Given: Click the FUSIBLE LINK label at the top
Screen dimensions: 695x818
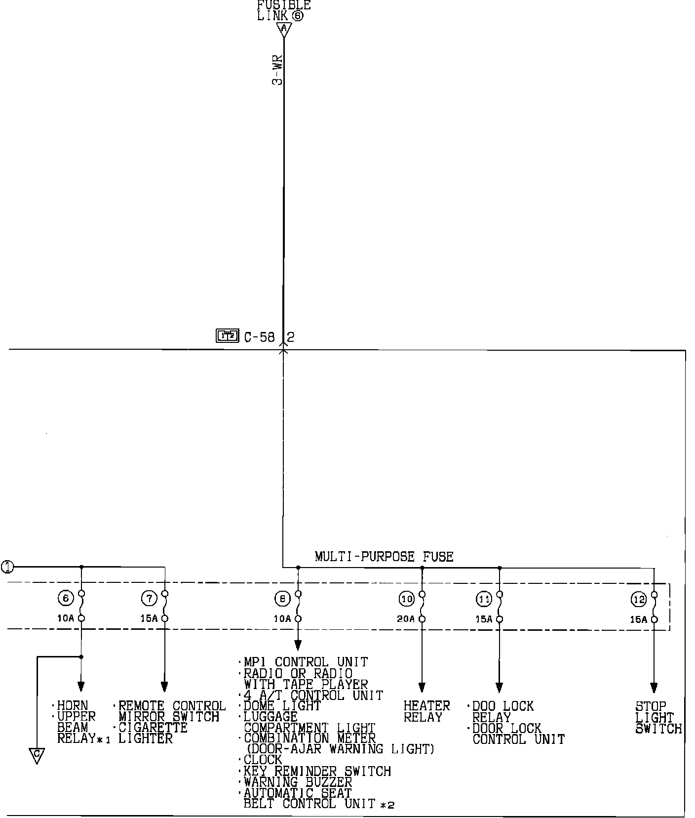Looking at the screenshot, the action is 284,10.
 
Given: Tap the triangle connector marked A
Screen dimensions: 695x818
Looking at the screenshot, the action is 284,29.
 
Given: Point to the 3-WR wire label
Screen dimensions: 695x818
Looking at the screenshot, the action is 277,71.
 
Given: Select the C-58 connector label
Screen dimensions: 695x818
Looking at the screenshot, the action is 260,337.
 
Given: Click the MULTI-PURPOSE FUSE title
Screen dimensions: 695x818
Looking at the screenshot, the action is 384,557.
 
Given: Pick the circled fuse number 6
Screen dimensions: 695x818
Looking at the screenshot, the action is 65,598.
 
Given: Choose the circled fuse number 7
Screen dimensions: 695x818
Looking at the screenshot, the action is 149,598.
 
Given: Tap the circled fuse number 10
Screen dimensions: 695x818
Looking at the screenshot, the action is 407,599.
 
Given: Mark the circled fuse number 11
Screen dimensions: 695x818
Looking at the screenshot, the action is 484,599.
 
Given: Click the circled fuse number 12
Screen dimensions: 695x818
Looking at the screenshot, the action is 639,600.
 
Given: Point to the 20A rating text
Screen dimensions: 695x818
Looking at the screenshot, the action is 406,619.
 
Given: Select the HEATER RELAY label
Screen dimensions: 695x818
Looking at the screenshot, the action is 426,711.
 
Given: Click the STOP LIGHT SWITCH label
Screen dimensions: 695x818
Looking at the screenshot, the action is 658,717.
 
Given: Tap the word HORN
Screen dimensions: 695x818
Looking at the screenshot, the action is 73,705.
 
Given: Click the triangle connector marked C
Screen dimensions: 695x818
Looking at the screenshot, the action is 37,755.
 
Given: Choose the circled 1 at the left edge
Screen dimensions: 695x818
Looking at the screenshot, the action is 7,567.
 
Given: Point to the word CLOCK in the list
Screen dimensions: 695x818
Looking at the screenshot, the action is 263,760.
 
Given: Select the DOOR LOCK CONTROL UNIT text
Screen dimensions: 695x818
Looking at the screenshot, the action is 517,734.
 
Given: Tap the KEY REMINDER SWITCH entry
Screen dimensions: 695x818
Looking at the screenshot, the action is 317,771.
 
